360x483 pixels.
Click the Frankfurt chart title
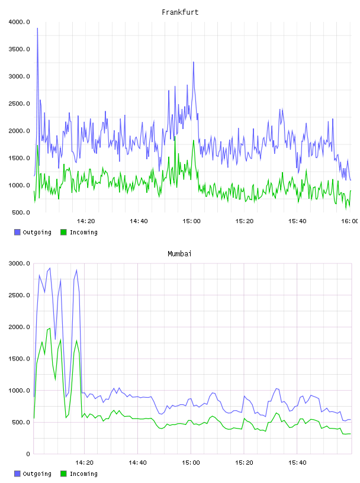pyautogui.click(x=180, y=12)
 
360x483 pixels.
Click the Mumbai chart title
pyautogui.click(x=179, y=254)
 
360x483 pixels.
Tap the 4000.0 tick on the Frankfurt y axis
pyautogui.click(x=19, y=22)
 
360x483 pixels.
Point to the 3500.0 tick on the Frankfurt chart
pyautogui.click(x=19, y=49)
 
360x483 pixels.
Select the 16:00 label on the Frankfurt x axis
pyautogui.click(x=349, y=221)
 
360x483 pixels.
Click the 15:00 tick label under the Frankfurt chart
pyautogui.click(x=191, y=221)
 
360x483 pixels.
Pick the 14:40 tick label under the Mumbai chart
pyautogui.click(x=137, y=463)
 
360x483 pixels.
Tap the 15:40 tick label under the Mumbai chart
pyautogui.click(x=297, y=463)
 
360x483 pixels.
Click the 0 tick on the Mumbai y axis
pyautogui.click(x=28, y=454)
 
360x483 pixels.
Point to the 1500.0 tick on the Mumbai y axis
pyautogui.click(x=19, y=359)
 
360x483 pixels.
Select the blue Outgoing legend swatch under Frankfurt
pyautogui.click(x=17, y=232)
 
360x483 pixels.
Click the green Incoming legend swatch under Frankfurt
pyautogui.click(x=63, y=232)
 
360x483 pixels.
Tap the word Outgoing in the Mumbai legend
pyautogui.click(x=37, y=474)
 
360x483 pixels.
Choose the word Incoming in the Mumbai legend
pyautogui.click(x=83, y=474)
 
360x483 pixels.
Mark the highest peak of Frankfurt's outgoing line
pyautogui.click(x=38, y=28)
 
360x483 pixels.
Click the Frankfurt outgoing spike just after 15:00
pyautogui.click(x=194, y=62)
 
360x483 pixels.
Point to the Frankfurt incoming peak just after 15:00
pyautogui.click(x=194, y=140)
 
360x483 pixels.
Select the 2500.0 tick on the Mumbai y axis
pyautogui.click(x=19, y=295)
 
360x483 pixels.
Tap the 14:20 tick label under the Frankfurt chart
pyautogui.click(x=86, y=221)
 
